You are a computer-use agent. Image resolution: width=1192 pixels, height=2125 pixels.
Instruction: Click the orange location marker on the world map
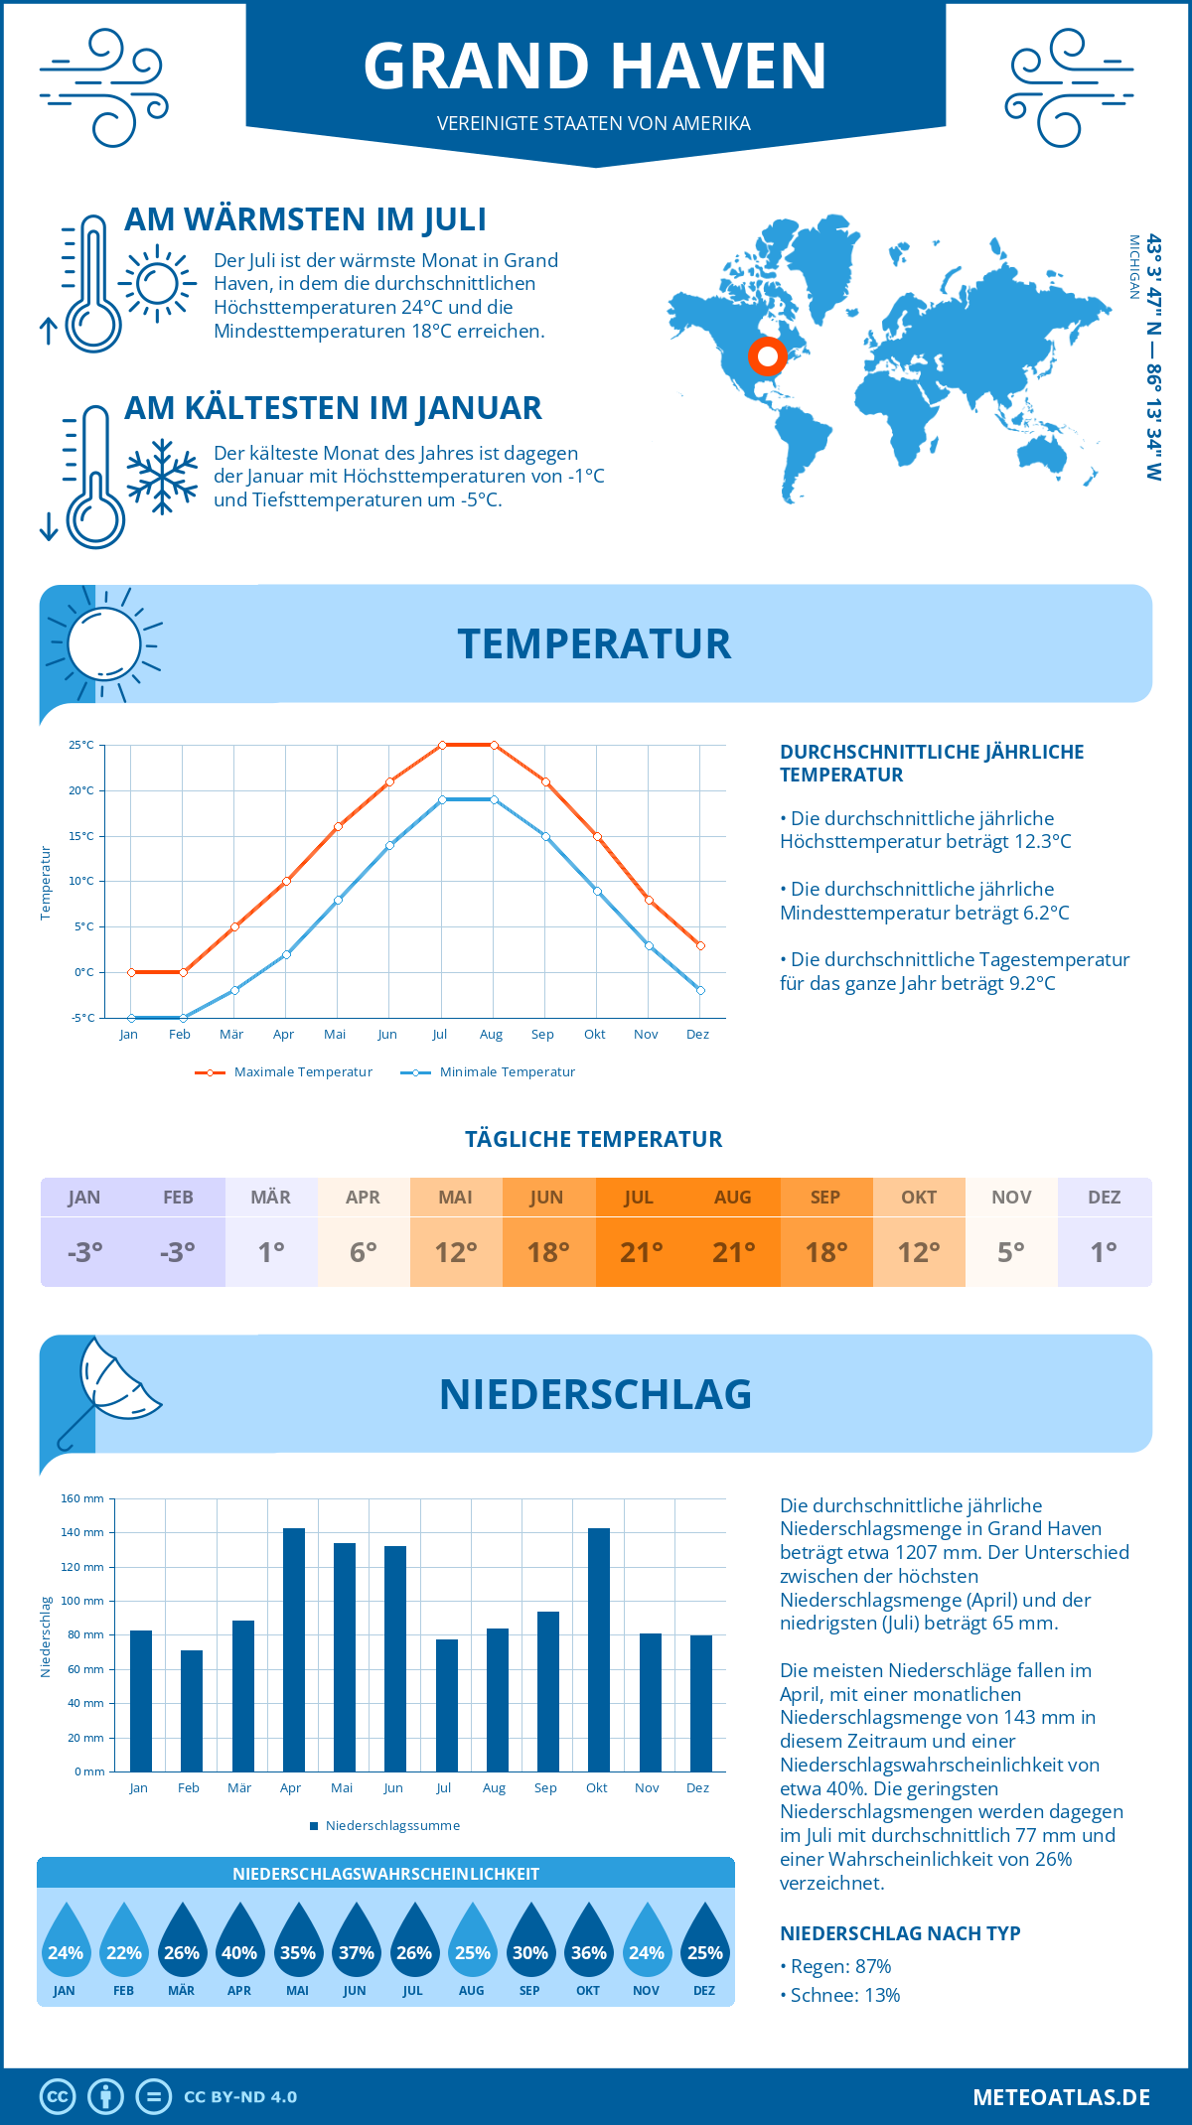(x=767, y=355)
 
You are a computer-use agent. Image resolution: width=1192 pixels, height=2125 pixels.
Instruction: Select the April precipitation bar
(x=293, y=1649)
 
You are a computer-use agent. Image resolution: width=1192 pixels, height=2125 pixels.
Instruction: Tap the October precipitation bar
(x=598, y=1649)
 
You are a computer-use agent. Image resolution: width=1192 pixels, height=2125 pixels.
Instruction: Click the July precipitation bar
(x=446, y=1705)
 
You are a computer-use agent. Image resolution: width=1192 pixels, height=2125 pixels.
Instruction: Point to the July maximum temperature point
(x=442, y=745)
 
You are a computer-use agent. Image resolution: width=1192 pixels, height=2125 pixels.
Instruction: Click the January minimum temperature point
(x=131, y=1018)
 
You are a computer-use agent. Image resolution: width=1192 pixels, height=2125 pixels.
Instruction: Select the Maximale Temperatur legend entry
(x=284, y=1072)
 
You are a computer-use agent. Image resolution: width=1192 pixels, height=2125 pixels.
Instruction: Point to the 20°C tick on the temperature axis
(x=81, y=790)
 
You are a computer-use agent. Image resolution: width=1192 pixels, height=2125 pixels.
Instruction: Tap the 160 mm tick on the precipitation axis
(x=82, y=1498)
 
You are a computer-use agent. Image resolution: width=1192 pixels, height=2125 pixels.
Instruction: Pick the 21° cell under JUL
(x=641, y=1252)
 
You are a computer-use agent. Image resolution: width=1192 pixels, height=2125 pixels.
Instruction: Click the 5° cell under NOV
(x=1010, y=1252)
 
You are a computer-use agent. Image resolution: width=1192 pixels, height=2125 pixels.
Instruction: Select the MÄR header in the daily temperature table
(x=270, y=1198)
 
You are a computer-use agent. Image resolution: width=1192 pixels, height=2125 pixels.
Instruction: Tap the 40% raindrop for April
(x=239, y=1943)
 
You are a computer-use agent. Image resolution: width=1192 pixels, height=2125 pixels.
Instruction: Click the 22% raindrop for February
(x=123, y=1943)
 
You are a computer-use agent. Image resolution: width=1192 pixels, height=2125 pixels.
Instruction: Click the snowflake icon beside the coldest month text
(x=162, y=476)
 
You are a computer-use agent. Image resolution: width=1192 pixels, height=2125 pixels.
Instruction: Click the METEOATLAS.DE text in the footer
(x=1061, y=2097)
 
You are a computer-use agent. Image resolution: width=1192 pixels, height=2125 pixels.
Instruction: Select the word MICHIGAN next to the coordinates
(x=1133, y=266)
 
